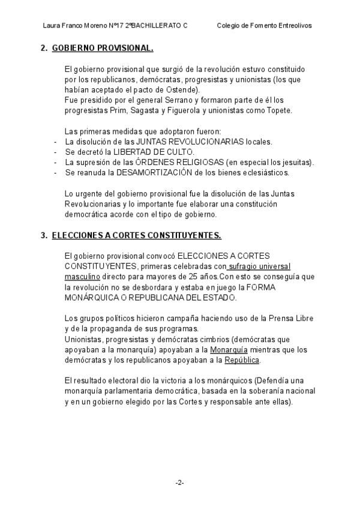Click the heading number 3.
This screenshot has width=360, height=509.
click(x=43, y=236)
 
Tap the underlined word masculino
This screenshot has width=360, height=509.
click(x=82, y=277)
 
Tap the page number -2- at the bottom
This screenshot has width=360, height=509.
click(x=179, y=483)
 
